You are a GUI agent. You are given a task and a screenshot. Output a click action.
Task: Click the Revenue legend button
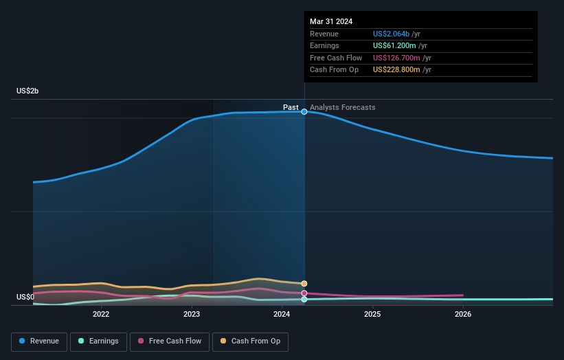39,341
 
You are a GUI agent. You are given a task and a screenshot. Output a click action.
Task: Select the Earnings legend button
98,341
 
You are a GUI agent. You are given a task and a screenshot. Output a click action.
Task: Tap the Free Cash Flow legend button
169,341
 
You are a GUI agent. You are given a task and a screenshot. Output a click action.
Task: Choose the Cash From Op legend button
250,341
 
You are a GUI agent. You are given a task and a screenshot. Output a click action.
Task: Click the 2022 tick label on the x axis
101,315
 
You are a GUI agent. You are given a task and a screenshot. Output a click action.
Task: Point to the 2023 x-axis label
192,315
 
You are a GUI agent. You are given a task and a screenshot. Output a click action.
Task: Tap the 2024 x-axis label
282,315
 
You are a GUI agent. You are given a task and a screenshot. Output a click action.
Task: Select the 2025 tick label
372,315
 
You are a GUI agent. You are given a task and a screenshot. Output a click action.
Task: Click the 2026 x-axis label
463,315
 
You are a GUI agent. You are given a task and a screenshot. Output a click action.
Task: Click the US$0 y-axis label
25,297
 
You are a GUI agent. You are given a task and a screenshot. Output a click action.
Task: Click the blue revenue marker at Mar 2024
304,111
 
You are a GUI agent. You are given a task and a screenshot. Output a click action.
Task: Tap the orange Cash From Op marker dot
304,284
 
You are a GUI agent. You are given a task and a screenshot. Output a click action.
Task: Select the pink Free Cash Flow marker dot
304,293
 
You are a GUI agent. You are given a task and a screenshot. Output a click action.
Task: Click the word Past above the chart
291,107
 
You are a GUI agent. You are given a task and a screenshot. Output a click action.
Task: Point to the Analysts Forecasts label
343,107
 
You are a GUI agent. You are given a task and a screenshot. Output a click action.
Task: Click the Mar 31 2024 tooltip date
331,21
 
